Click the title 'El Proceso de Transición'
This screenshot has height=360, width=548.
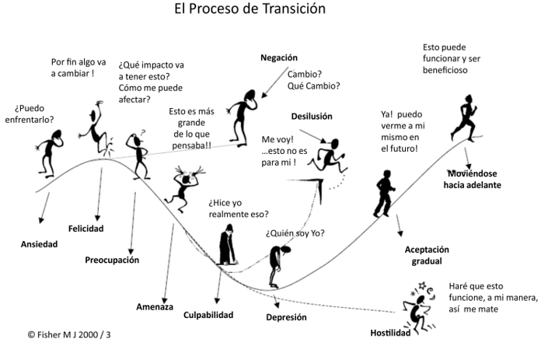pos(250,9)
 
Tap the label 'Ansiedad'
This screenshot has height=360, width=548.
pos(39,244)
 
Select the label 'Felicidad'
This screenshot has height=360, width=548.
pos(86,229)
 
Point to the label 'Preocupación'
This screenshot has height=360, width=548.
pos(112,260)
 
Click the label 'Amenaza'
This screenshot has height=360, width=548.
pos(155,306)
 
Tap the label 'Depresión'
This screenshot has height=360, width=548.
pos(287,317)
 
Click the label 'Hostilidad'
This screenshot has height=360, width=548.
pos(390,333)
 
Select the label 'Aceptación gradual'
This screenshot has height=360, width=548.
pos(428,255)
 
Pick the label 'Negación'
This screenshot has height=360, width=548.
pos(279,58)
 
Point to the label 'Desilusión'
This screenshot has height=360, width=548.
pos(312,116)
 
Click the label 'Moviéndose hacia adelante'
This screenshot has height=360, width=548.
pos(473,179)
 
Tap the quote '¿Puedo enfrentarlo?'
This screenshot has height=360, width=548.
pos(34,114)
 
